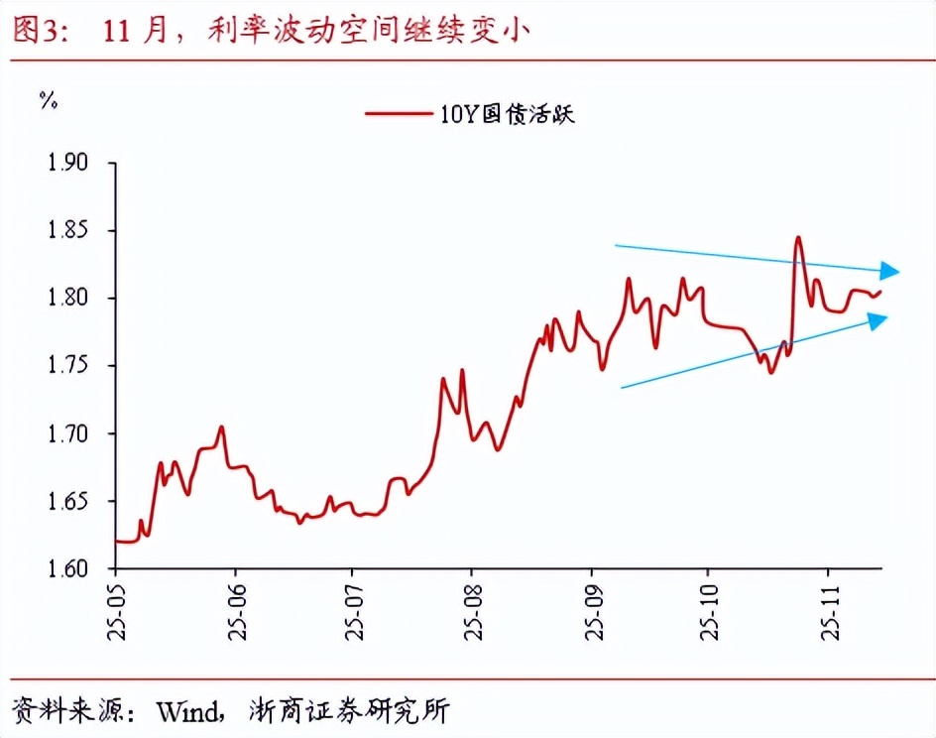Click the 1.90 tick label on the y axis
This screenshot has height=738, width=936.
coord(67,163)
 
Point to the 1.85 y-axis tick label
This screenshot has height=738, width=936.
coord(67,230)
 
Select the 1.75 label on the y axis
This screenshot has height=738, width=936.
coord(67,366)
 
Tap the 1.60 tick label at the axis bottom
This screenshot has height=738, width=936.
coord(67,569)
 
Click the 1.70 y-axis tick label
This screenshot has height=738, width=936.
coord(67,433)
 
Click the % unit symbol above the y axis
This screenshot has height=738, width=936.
coord(47,99)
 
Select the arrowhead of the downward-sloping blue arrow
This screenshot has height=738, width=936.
coord(890,271)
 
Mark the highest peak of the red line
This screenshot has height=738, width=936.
coord(797,238)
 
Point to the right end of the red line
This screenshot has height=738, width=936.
coord(879,291)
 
